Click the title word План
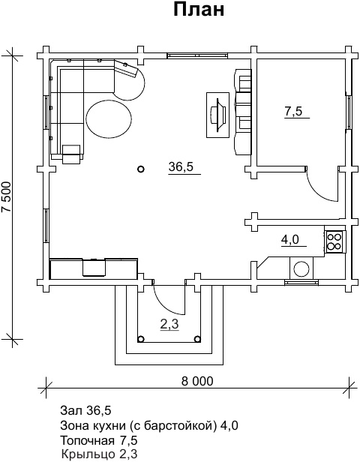pos(199,10)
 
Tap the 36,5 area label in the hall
pos(181,166)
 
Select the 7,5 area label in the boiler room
pos(293,111)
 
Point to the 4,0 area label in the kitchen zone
pos(290,240)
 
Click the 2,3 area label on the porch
pos(169,325)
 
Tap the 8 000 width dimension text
pos(197,381)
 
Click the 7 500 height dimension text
pos(7,196)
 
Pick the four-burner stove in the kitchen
pos(335,241)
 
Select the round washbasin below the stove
pos(301,268)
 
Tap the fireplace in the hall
pos(218,115)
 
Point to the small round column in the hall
pos(141,169)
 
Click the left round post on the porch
pos(141,339)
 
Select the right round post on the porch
pos(198,339)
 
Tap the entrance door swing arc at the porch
pos(163,304)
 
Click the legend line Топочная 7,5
pos(99,441)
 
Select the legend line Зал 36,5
pos(85,409)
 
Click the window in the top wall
pos(197,55)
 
